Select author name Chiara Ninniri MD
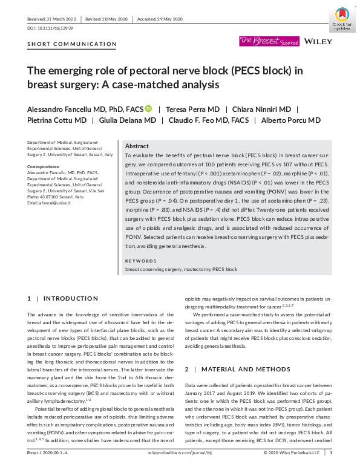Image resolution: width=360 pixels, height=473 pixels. coord(249,109)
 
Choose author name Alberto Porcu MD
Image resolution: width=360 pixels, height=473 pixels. coord(291,120)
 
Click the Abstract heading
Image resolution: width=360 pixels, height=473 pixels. coord(137,146)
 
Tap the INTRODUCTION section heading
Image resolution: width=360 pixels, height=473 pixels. coord(68,299)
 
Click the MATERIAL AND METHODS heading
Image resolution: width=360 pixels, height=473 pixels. coord(243,368)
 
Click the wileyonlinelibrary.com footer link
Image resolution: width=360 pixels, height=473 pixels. coord(179,469)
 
